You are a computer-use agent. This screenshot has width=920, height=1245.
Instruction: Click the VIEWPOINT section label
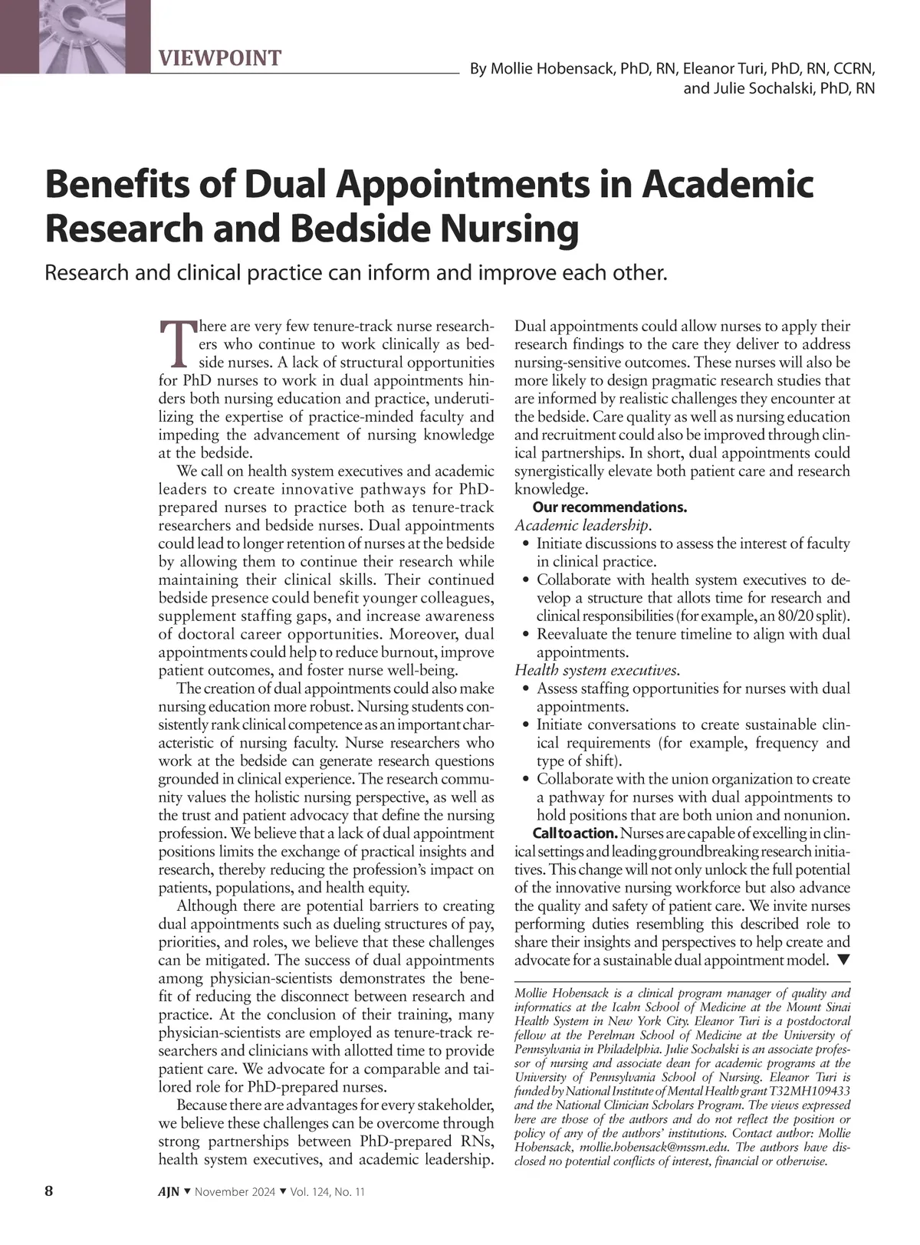220,58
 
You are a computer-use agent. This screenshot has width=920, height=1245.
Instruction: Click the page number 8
49,1191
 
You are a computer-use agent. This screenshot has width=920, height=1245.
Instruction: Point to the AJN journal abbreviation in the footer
169,1192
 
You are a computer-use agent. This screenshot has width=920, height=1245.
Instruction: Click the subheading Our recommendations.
609,508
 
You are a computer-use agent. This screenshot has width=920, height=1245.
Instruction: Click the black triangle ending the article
843,960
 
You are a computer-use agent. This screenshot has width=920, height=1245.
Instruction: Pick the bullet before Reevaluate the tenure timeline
525,635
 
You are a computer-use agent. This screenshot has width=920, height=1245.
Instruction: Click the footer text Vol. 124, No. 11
327,1192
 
